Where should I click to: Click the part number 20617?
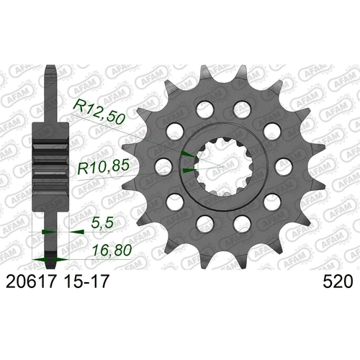coord(31,284)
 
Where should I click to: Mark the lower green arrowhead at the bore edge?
coord(186,171)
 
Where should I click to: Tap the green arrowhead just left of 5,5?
coord(47,233)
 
